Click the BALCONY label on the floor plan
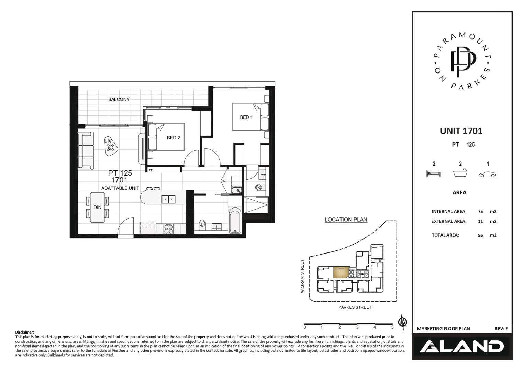[x=119, y=99]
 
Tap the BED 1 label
[x=246, y=117]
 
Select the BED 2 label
[x=173, y=138]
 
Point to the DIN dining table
[x=98, y=207]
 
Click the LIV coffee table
[x=110, y=147]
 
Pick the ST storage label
[x=150, y=170]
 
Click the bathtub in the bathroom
[x=235, y=222]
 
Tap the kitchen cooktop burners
[x=169, y=229]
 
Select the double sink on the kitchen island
[x=168, y=199]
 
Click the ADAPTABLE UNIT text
[x=120, y=188]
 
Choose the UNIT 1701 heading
[x=461, y=131]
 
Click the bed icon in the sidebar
[x=433, y=174]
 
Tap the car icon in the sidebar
[x=487, y=174]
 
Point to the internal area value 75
[x=480, y=212]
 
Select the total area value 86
[x=480, y=235]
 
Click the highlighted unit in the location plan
[x=341, y=272]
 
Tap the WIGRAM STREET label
[x=302, y=276]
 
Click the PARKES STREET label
[x=355, y=307]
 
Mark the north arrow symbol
[x=402, y=322]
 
